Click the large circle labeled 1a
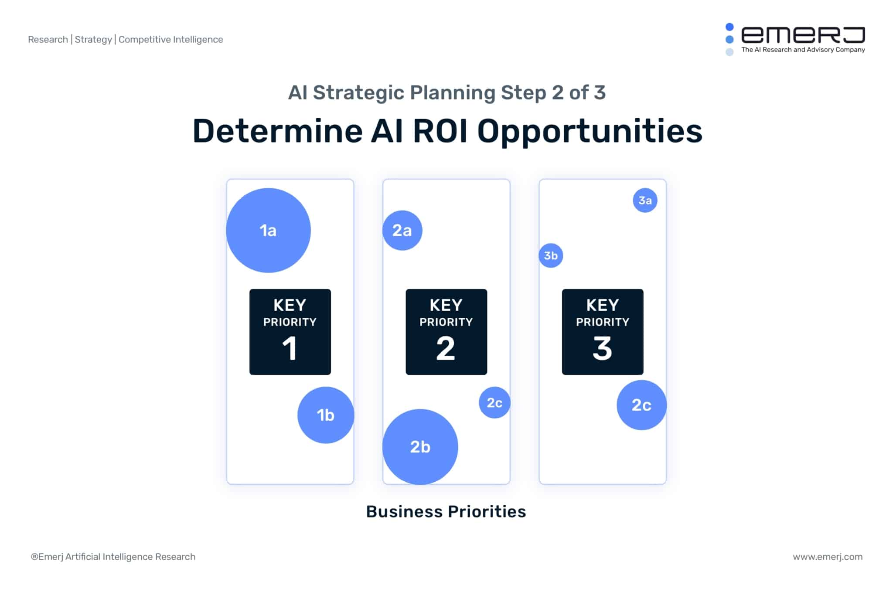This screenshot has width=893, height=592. (268, 230)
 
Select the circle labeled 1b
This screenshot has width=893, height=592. (326, 415)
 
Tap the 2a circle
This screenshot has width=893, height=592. (402, 230)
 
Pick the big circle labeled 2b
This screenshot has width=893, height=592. (420, 447)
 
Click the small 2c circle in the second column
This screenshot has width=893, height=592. (494, 402)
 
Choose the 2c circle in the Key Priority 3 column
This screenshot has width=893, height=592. (641, 405)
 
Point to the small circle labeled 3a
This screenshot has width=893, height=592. (645, 200)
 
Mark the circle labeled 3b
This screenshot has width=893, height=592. (551, 255)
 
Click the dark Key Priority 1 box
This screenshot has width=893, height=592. (290, 332)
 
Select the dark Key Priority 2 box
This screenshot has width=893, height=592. (446, 332)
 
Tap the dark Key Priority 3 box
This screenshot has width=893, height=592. (603, 332)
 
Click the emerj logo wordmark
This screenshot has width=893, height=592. (803, 35)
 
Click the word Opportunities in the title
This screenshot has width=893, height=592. (590, 132)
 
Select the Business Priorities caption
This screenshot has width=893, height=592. (446, 511)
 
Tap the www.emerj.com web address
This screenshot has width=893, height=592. (827, 557)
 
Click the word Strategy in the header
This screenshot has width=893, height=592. (93, 40)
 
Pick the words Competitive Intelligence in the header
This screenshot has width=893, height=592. (170, 40)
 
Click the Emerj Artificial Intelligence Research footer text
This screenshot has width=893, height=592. (113, 557)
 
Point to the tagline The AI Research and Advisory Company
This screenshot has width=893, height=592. (803, 50)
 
